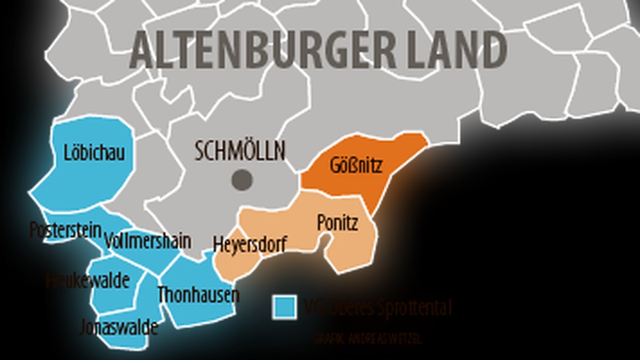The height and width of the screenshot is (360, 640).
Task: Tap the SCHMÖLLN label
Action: pyautogui.click(x=240, y=151)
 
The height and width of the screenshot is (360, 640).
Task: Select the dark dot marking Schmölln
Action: pyautogui.click(x=242, y=180)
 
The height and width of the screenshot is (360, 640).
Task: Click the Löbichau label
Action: pyautogui.click(x=94, y=153)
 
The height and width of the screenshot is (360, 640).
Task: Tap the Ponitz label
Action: pyautogui.click(x=337, y=223)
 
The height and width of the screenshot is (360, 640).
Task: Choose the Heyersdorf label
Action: pyautogui.click(x=250, y=244)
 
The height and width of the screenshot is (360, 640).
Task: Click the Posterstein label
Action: pyautogui.click(x=65, y=230)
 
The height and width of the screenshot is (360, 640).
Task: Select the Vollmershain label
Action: pyautogui.click(x=148, y=241)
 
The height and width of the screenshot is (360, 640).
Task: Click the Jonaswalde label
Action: pyautogui.click(x=118, y=327)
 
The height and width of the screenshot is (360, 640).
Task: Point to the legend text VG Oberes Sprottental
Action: pyautogui.click(x=378, y=308)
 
